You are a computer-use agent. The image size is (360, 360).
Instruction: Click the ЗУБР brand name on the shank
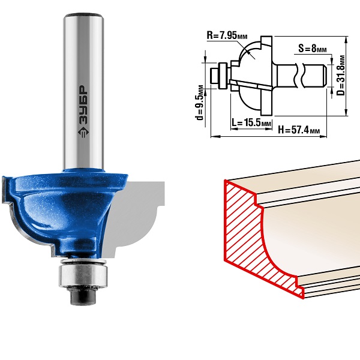83,105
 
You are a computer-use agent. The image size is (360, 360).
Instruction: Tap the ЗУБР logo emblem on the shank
83,133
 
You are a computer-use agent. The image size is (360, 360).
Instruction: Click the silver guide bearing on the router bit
83,275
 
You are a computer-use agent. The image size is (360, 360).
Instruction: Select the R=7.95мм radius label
227,35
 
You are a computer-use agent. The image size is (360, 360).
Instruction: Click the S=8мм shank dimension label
312,49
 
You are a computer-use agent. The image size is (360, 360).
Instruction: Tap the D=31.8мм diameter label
341,76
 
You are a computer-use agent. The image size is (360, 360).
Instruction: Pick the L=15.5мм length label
251,122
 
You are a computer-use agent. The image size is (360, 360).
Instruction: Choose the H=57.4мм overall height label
299,130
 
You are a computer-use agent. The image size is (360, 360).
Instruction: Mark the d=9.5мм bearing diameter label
200,103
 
